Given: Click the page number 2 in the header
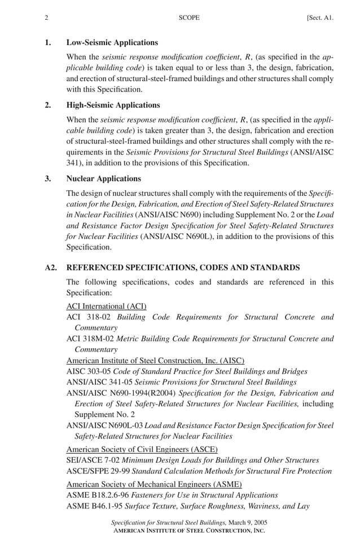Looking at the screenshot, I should click(46, 18).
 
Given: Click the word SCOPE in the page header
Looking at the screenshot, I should click(188, 18).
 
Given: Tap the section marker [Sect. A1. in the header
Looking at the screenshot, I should click(320, 18).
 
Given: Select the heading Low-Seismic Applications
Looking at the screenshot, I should click(112, 43).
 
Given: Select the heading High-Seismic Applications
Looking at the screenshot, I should click(113, 105).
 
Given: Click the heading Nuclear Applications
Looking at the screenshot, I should click(103, 179).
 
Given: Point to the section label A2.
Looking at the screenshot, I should click(51, 268).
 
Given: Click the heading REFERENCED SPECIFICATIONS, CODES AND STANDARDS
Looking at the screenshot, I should click(183, 268).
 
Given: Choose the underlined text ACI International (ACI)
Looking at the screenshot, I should click(106, 306).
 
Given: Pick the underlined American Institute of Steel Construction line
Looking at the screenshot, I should click(155, 361).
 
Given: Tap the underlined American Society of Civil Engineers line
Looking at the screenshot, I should click(144, 450).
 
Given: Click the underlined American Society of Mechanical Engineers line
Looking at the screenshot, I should click(154, 484).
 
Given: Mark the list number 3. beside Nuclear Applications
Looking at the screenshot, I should click(49, 179).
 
